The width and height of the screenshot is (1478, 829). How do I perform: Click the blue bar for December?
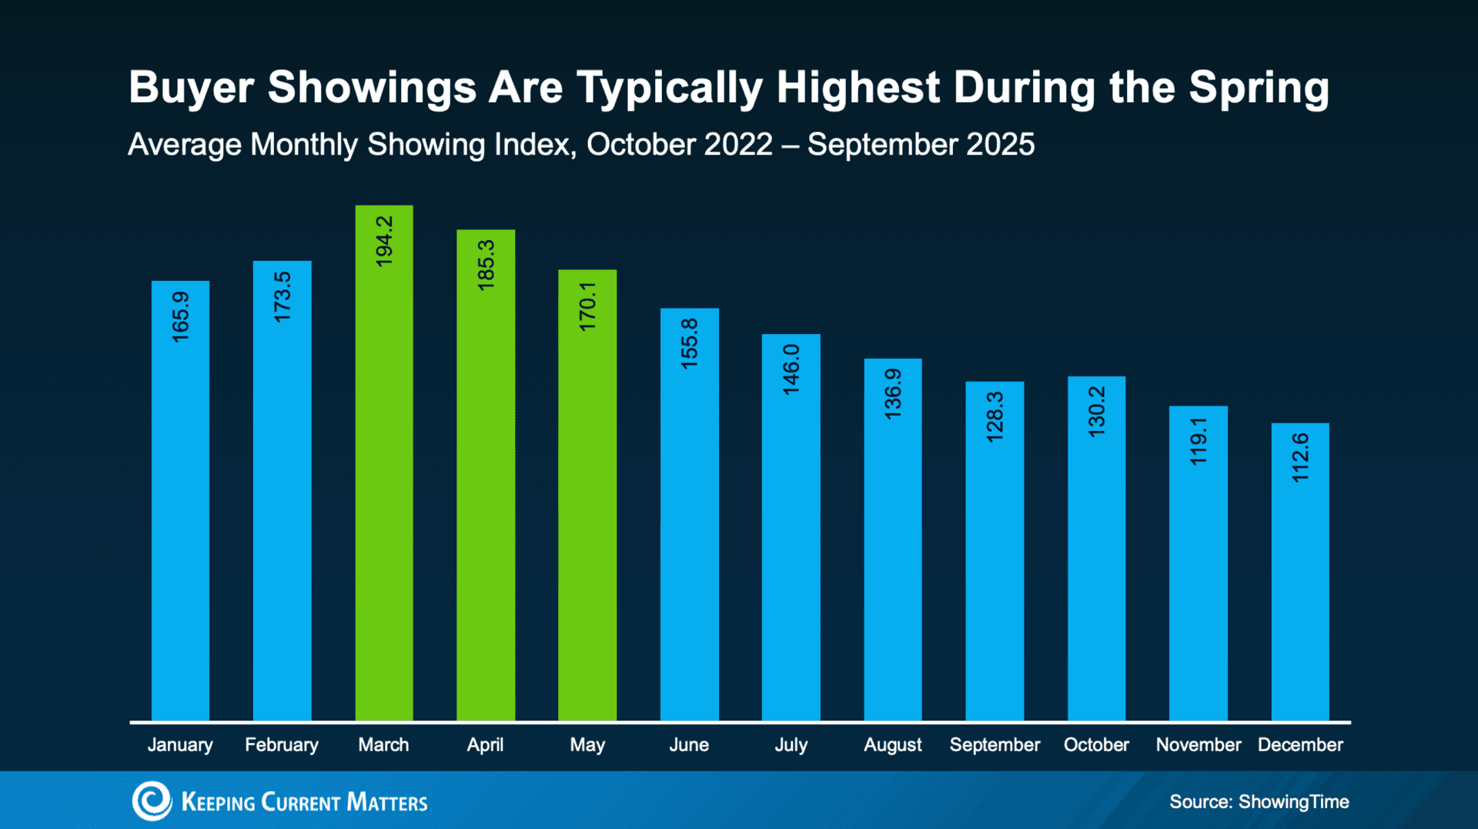click(x=1299, y=600)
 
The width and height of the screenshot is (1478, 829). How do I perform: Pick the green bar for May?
click(x=587, y=523)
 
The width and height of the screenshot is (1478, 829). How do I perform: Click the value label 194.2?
click(x=383, y=241)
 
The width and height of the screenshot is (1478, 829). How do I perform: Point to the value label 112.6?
click(x=1299, y=457)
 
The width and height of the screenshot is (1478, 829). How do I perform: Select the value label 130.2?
click(x=1096, y=412)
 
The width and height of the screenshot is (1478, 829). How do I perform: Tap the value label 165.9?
click(x=180, y=316)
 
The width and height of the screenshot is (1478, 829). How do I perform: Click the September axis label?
click(x=994, y=744)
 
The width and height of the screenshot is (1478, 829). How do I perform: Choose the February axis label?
click(x=281, y=744)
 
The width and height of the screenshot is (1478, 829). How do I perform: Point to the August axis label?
click(x=892, y=744)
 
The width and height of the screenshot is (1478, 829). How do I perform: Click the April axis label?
click(x=485, y=744)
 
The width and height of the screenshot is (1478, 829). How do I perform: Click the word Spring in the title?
click(x=1258, y=89)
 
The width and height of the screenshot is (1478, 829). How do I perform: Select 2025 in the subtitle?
click(x=1000, y=145)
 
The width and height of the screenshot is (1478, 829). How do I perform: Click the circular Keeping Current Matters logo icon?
click(x=152, y=801)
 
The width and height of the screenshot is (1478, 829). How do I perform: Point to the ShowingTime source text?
click(x=1292, y=801)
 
